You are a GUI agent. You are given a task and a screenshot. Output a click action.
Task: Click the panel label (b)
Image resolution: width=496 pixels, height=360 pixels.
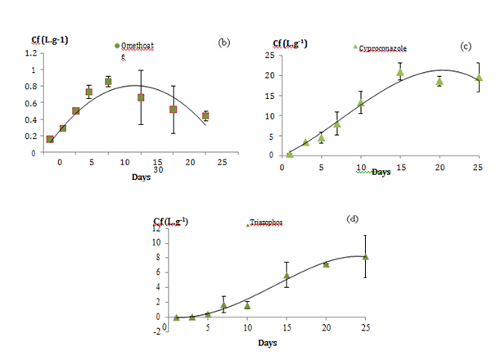pos(222,41)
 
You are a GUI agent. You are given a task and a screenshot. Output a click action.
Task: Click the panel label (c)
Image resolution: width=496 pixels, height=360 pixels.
pos(465,46)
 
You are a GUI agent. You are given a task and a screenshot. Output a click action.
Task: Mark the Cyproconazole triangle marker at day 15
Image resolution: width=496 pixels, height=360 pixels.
pos(400,72)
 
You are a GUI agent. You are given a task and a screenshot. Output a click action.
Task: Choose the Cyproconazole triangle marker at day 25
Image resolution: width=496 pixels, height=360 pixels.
pos(479,78)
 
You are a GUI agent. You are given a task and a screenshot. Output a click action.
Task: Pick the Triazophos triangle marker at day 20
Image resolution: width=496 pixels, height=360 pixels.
pos(326,264)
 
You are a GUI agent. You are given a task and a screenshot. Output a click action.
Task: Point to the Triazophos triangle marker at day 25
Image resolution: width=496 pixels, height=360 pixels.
pos(365,257)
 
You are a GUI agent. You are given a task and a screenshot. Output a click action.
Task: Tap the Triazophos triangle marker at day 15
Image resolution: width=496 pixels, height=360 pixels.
pos(286,275)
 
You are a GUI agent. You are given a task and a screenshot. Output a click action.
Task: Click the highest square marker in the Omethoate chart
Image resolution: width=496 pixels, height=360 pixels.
pos(108,82)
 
